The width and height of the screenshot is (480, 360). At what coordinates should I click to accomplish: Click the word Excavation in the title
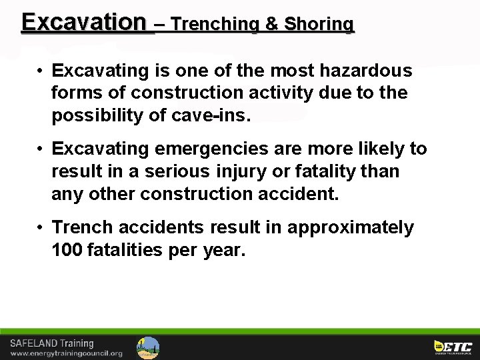click(83, 23)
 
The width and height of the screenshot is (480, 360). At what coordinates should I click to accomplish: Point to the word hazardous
click(366, 71)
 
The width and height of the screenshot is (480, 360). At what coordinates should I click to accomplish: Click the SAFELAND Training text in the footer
click(51, 343)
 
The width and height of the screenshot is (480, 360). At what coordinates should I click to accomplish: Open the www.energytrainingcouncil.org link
click(66, 353)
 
